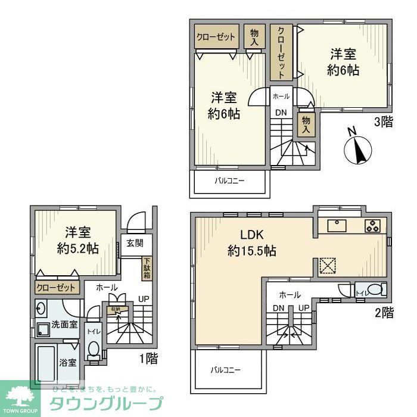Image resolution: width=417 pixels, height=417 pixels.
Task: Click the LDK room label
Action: pyautogui.click(x=251, y=234)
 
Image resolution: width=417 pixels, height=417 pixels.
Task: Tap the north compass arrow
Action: pyautogui.click(x=358, y=147)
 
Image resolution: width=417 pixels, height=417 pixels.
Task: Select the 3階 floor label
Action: pyautogui.click(x=383, y=123)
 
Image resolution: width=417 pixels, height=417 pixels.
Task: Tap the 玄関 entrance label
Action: pyautogui.click(x=134, y=243)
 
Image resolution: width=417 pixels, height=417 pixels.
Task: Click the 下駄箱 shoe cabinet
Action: pyautogui.click(x=146, y=268)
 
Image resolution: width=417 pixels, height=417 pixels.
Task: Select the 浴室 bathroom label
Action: pyautogui.click(x=67, y=362)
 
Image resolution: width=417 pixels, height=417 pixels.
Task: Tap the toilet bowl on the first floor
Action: pyautogui.click(x=94, y=348)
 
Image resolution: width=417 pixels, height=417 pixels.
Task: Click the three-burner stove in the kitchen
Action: pyautogui.click(x=374, y=225)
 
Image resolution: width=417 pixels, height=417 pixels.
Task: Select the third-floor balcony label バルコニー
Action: pyautogui.click(x=229, y=181)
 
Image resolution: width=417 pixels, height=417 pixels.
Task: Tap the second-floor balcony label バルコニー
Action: pyautogui.click(x=226, y=370)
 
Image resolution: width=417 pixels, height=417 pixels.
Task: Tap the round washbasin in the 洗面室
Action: pyautogui.click(x=40, y=309)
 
